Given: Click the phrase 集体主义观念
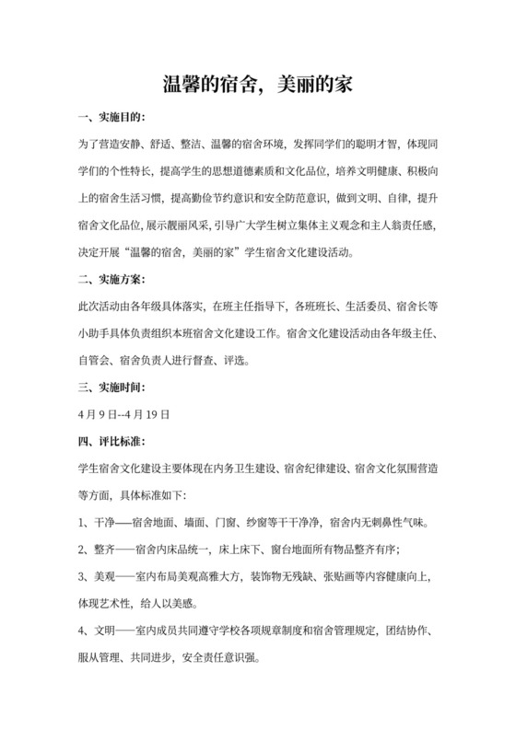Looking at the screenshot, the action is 319,225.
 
